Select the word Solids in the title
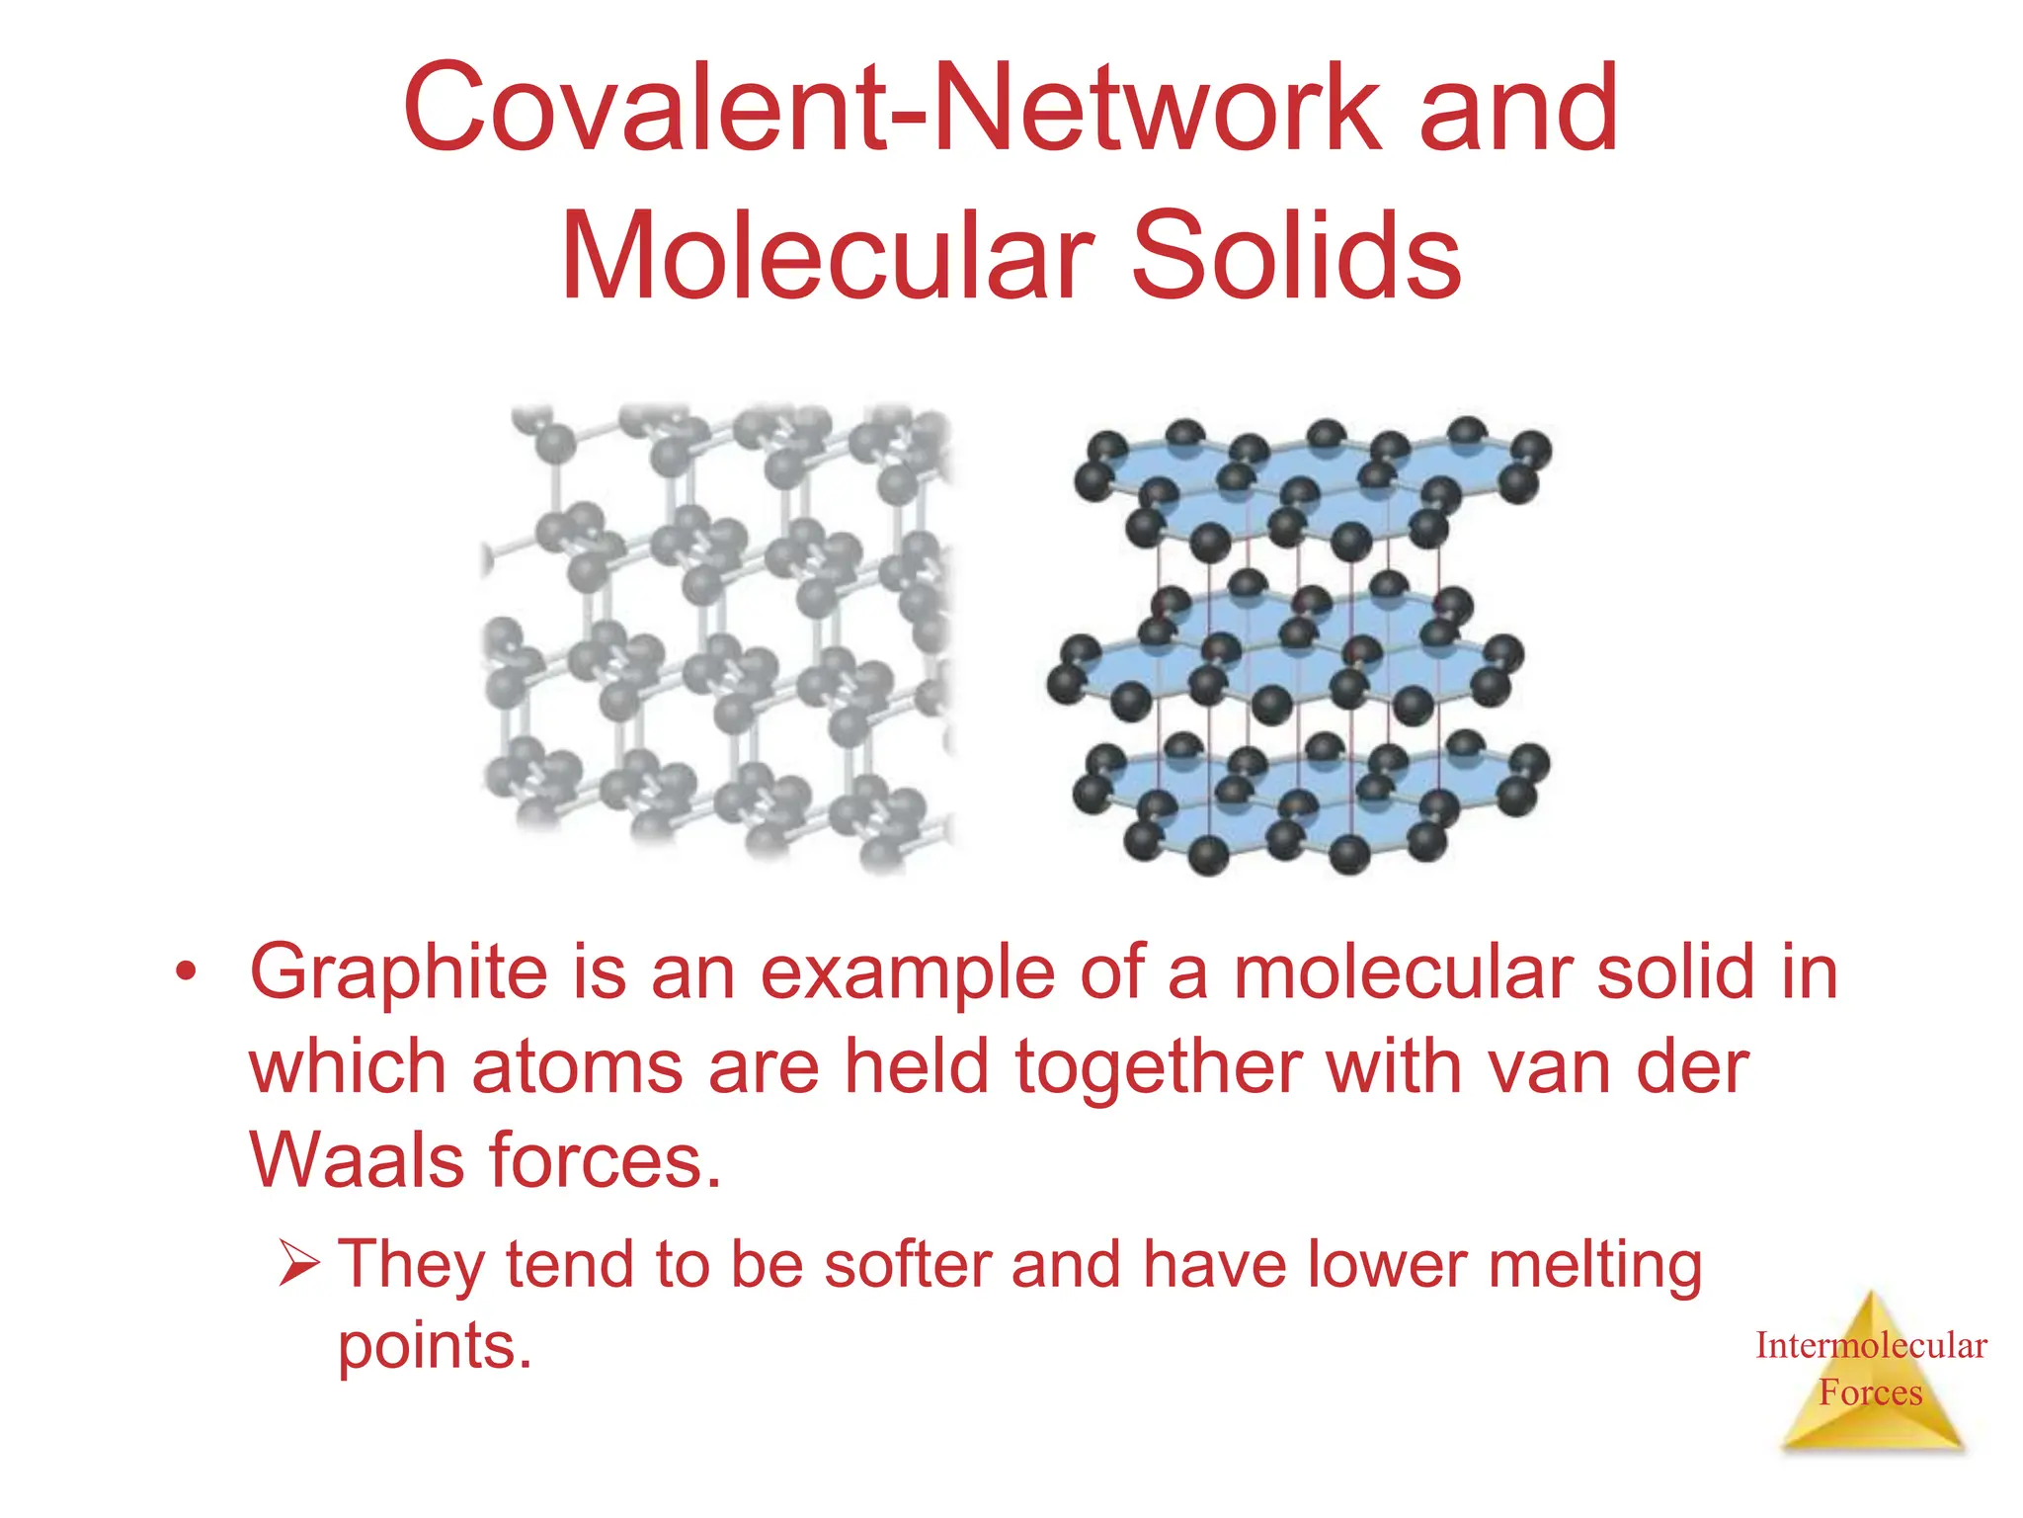pos(1295,257)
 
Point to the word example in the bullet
pos(908,974)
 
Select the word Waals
pos(356,1160)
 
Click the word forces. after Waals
pos(606,1160)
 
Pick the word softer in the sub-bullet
pos(910,1265)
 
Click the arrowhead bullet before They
pos(298,1263)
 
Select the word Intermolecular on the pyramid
pos(1871,1346)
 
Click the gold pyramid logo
pos(1871,1413)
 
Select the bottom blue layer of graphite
pos(1314,796)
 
